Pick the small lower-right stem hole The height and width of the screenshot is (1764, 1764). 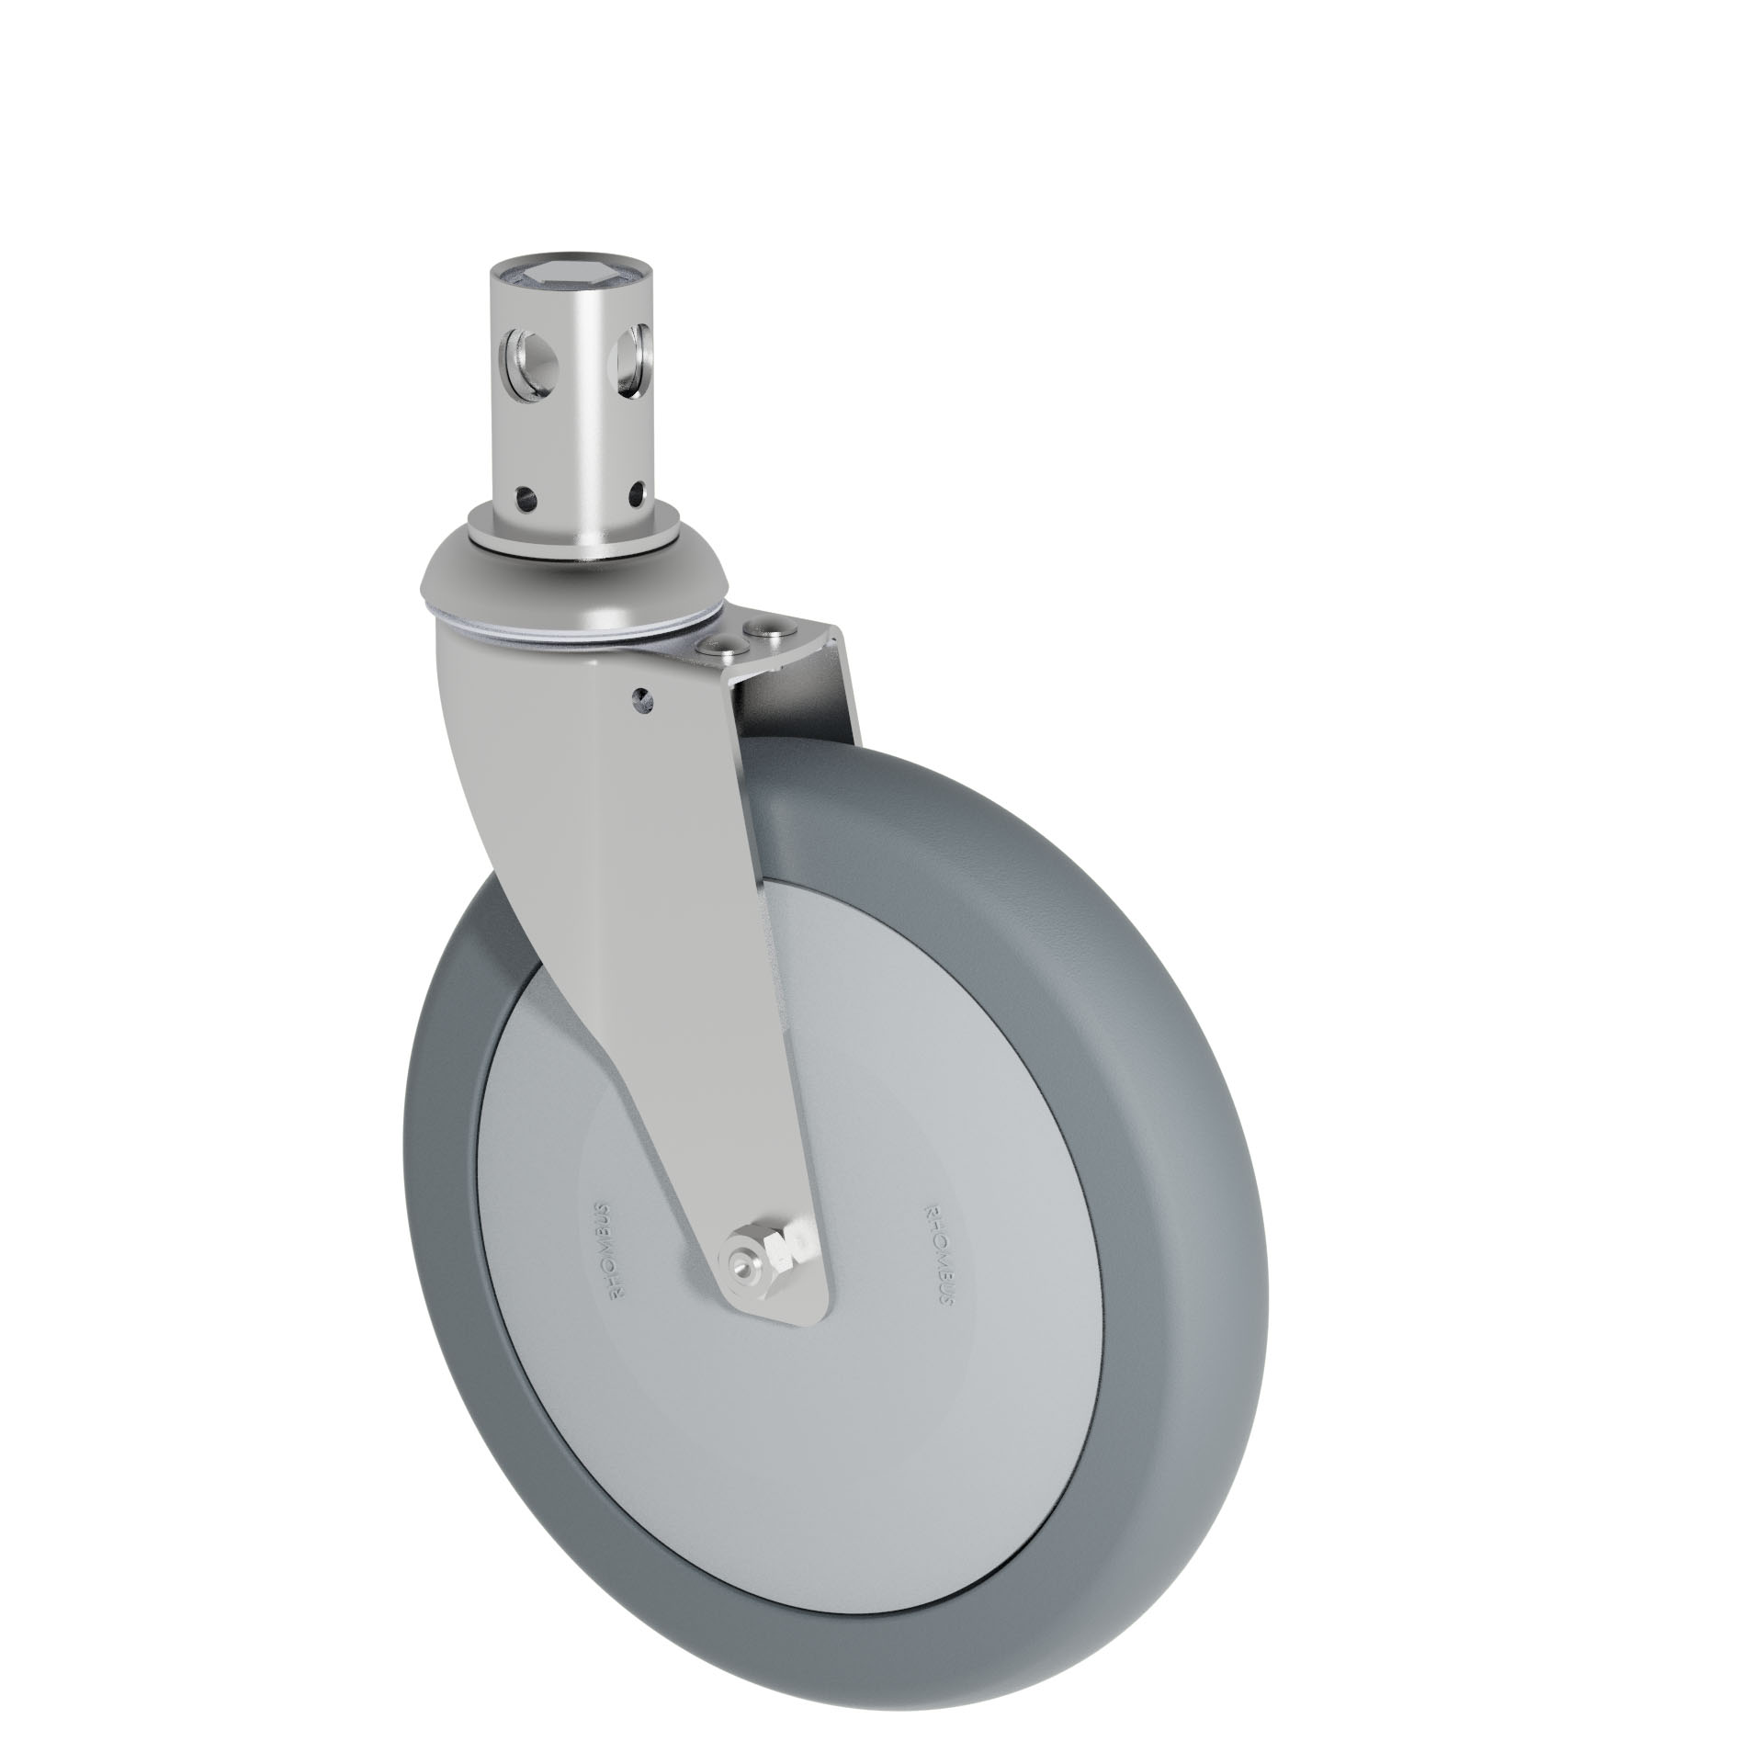(633, 500)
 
